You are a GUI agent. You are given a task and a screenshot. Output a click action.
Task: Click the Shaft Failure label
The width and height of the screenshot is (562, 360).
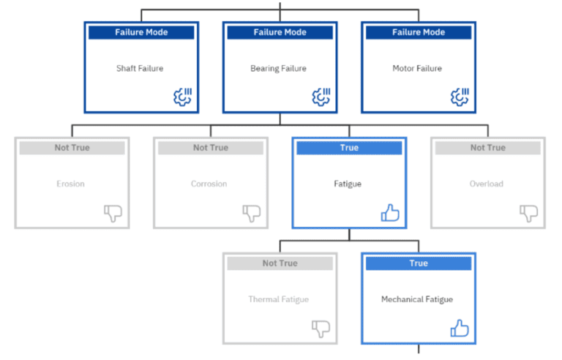[139, 69]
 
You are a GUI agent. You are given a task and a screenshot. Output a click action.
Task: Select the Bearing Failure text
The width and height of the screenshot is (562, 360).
[278, 69]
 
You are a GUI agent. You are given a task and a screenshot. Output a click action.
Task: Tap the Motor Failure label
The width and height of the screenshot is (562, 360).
[416, 69]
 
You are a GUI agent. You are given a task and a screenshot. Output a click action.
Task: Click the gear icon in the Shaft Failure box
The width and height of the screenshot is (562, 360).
[181, 97]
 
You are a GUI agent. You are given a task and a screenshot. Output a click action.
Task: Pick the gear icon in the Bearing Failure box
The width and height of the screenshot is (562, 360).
[321, 97]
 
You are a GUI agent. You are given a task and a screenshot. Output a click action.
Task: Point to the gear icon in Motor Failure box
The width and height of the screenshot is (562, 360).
[460, 97]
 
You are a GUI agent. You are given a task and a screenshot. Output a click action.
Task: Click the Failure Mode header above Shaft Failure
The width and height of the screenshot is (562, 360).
[141, 32]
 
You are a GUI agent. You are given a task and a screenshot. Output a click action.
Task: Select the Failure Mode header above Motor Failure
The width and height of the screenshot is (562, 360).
[418, 32]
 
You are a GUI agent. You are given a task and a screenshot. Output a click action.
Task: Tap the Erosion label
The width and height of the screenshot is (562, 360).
[70, 184]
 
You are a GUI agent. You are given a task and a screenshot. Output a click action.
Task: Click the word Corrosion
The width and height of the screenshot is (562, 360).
[209, 184]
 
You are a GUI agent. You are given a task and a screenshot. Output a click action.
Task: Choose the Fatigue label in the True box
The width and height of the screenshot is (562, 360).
[348, 184]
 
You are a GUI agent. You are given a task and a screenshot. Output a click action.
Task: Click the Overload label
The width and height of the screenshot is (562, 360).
[487, 184]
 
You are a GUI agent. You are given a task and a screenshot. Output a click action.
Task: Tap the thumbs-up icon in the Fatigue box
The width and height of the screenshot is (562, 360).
[390, 213]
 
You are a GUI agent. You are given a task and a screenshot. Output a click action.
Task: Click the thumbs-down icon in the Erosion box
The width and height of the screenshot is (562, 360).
[113, 213]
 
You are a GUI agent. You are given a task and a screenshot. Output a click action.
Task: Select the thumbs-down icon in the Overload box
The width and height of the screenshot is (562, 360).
[528, 213]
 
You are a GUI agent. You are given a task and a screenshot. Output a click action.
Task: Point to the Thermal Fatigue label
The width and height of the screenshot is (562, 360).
[279, 299]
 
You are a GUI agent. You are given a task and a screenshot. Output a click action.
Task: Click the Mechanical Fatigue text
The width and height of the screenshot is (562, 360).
[417, 299]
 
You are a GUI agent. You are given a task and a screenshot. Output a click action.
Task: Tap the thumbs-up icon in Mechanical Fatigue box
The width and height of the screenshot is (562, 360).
[460, 329]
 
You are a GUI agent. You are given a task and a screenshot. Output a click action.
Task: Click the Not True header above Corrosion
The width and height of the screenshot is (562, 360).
[211, 148]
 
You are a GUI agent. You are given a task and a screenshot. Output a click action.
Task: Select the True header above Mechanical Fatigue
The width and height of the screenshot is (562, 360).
[419, 263]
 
